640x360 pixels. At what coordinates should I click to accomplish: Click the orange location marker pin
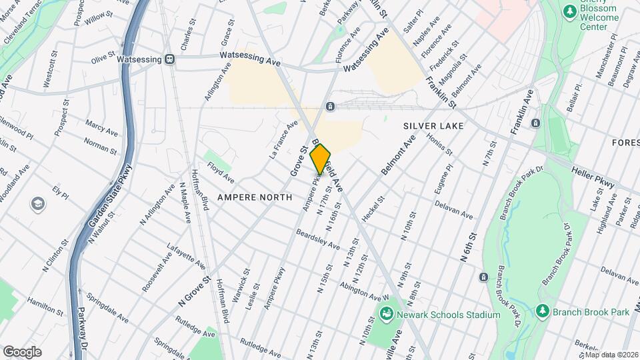[321, 159]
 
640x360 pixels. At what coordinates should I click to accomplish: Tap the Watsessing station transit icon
[170, 59]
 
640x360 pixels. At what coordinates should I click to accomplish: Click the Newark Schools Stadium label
[448, 315]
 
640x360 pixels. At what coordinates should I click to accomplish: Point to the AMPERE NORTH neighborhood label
[254, 197]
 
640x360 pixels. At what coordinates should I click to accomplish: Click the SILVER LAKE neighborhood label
[433, 125]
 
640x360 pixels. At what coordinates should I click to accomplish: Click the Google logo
[22, 351]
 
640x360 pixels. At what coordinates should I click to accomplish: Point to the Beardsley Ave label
[318, 240]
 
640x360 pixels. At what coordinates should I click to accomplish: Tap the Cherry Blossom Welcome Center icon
[569, 11]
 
